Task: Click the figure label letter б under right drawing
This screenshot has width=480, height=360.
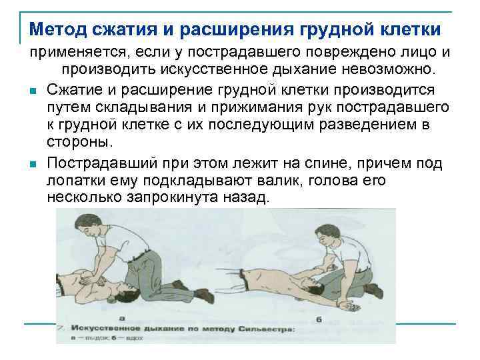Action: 319,319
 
